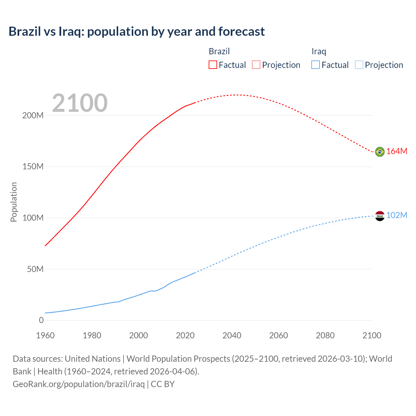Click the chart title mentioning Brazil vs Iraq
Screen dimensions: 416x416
click(136, 32)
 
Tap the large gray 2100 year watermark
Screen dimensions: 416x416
click(80, 103)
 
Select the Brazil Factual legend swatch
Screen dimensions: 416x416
click(213, 65)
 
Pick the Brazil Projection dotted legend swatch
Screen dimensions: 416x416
click(256, 65)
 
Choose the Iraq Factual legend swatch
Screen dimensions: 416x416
click(315, 65)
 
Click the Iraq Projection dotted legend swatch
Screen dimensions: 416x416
click(359, 65)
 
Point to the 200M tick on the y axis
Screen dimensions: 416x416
click(33, 115)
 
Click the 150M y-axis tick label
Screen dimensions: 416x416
click(33, 167)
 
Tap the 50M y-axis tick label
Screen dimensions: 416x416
click(35, 269)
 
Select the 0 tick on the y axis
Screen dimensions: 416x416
click(41, 320)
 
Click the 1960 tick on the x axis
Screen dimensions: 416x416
click(45, 335)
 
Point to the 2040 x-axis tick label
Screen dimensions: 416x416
click(232, 335)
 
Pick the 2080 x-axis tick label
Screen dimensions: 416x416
click(325, 335)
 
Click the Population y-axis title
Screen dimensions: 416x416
click(14, 202)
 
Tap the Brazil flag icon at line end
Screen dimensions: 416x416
click(380, 152)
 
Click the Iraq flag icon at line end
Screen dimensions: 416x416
click(380, 216)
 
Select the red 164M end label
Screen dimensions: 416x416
click(396, 151)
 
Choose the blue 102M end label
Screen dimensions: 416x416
click(396, 215)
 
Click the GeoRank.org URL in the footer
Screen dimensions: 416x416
click(79, 384)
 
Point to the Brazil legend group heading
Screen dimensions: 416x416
click(219, 51)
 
